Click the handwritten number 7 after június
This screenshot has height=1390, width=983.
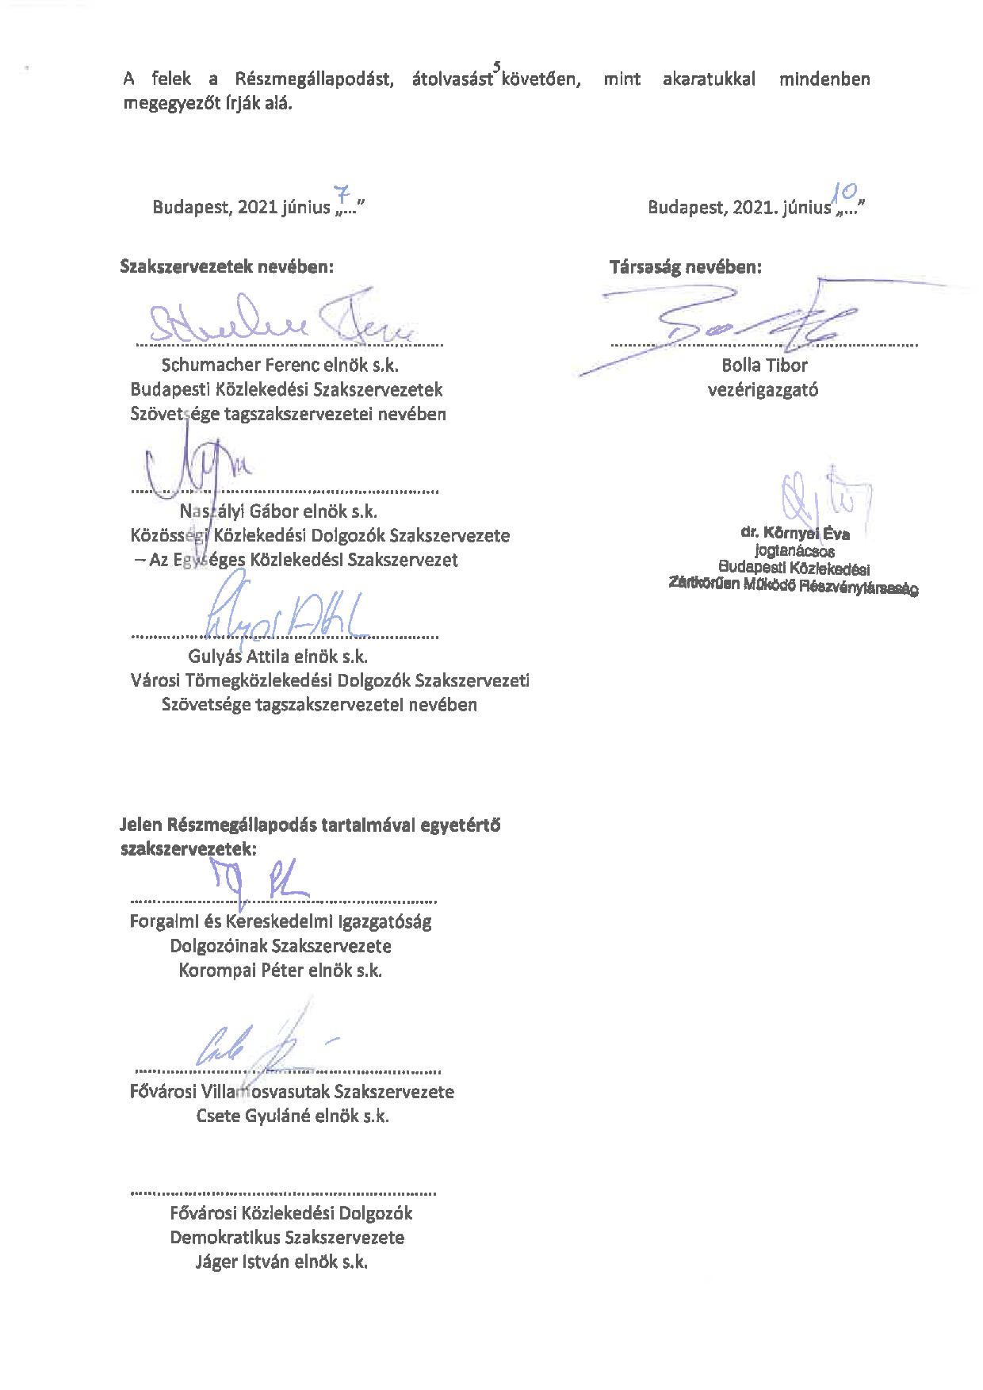(x=342, y=194)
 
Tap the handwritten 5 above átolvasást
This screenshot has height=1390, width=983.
(x=496, y=67)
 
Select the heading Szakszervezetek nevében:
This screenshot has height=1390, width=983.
(x=227, y=266)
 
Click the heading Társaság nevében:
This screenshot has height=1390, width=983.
(x=685, y=266)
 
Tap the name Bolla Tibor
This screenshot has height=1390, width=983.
(x=764, y=366)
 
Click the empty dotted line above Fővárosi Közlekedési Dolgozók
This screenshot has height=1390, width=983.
(x=283, y=1191)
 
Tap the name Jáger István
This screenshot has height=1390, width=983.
(x=243, y=1262)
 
